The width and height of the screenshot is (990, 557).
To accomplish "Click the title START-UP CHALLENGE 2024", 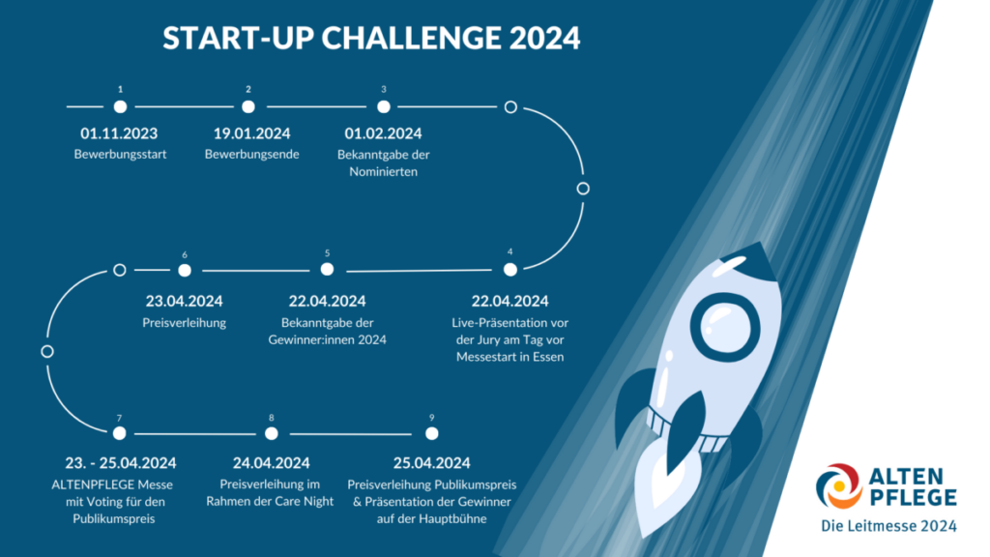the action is pyautogui.click(x=371, y=38).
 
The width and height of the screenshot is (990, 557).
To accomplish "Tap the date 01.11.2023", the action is pyautogui.click(x=119, y=133).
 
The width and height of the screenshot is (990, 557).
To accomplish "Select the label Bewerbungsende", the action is pyautogui.click(x=252, y=154).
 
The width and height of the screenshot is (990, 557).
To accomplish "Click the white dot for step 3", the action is pyautogui.click(x=383, y=106).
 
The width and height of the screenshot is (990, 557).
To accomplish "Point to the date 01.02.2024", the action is pyautogui.click(x=383, y=133).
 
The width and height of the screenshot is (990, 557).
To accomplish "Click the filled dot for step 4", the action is pyautogui.click(x=510, y=270).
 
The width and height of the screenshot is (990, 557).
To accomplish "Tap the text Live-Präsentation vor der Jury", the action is pyautogui.click(x=510, y=331).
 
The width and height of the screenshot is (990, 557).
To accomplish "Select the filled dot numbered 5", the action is pyautogui.click(x=327, y=269).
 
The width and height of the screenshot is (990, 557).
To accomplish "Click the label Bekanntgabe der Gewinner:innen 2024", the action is pyautogui.click(x=327, y=331).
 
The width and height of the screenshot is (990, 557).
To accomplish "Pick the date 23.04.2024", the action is pyautogui.click(x=185, y=302).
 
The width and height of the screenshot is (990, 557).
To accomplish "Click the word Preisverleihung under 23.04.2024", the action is pyautogui.click(x=185, y=323).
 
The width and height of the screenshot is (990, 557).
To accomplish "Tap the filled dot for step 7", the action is pyautogui.click(x=119, y=433).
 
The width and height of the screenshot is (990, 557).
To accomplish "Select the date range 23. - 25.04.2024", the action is pyautogui.click(x=121, y=463).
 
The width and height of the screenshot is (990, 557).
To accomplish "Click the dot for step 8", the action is pyautogui.click(x=272, y=433).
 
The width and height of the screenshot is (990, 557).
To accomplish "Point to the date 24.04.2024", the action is pyautogui.click(x=272, y=463).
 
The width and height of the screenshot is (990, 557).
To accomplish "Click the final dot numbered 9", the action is pyautogui.click(x=432, y=433).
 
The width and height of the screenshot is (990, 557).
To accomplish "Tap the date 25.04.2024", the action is pyautogui.click(x=432, y=463).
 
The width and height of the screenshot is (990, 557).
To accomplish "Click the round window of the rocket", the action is pyautogui.click(x=725, y=328).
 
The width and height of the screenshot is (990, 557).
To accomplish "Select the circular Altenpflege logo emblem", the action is pyautogui.click(x=838, y=486).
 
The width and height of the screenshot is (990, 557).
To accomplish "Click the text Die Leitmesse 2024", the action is pyautogui.click(x=889, y=525).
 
